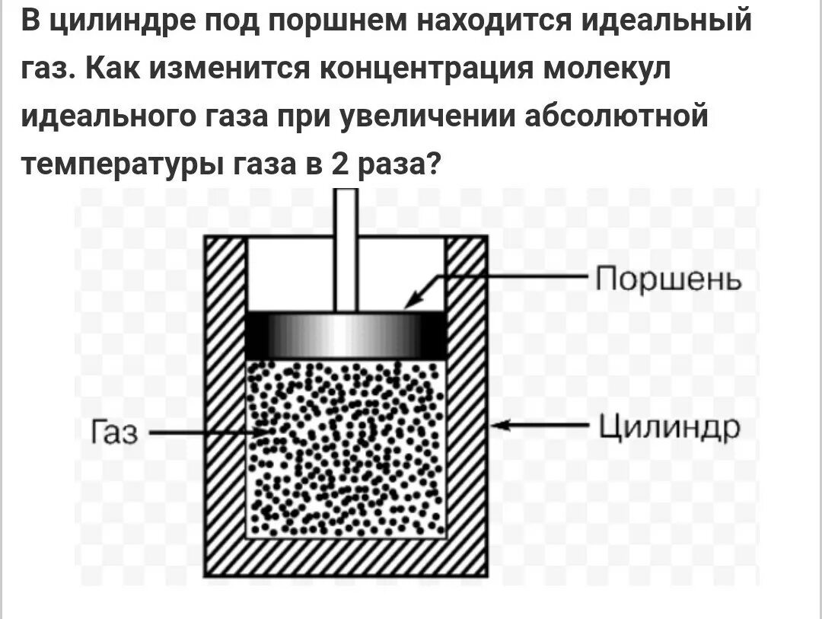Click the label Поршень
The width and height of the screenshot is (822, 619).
667,279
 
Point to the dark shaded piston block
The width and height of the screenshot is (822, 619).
346,335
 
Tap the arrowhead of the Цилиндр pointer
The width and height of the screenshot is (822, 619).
499,426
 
